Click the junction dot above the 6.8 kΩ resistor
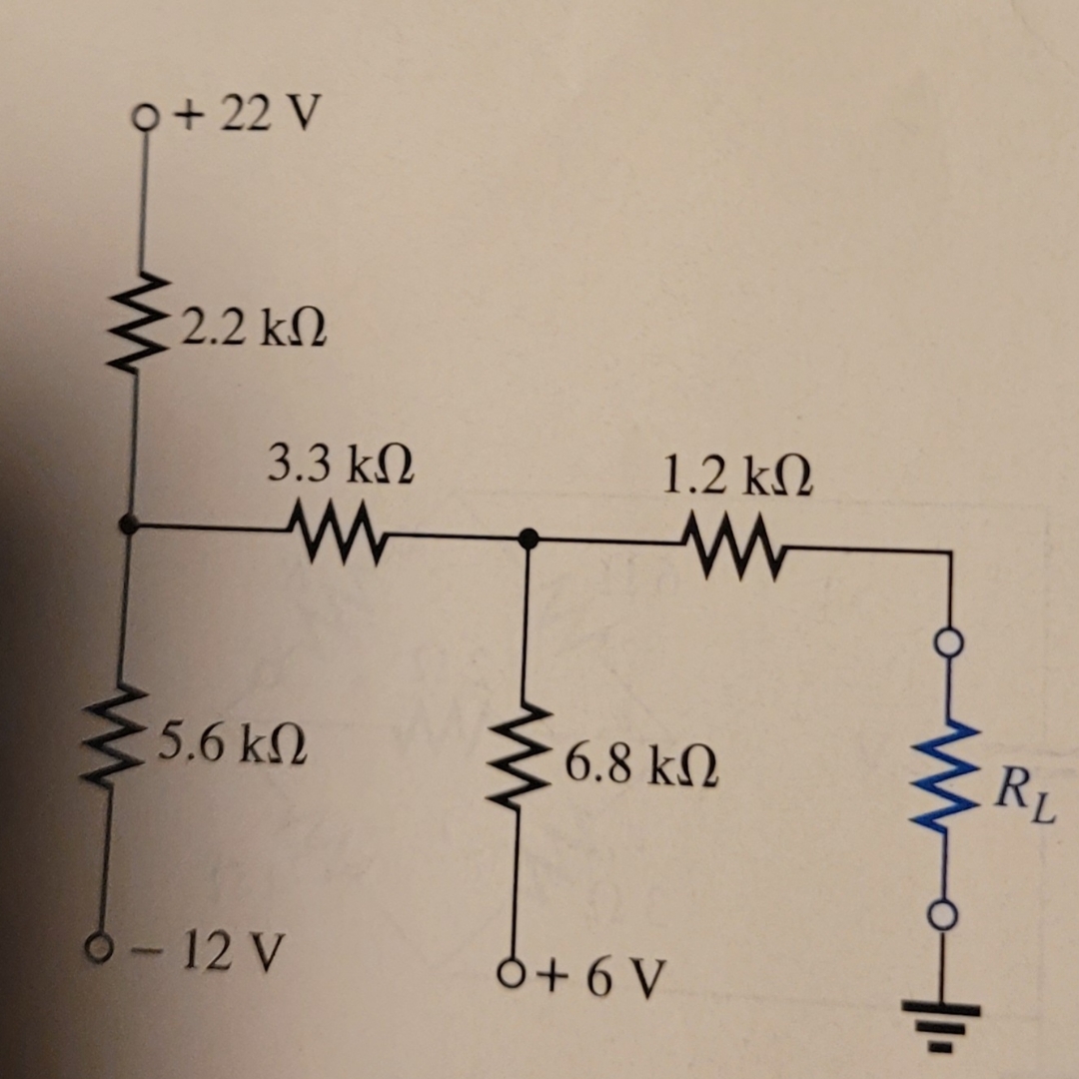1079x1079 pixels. [529, 539]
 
